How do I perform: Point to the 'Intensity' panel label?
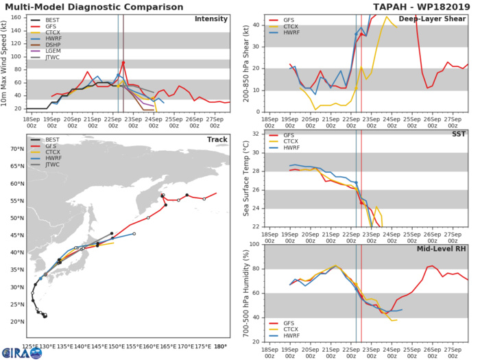point(211,19)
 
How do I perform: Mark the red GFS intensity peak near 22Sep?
point(123,63)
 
